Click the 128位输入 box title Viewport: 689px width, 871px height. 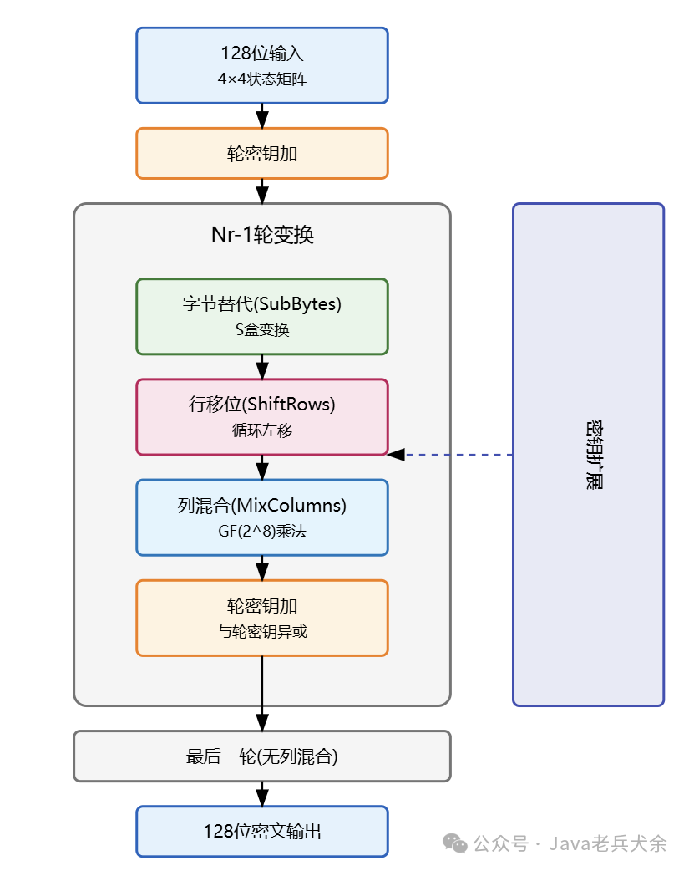coord(261,53)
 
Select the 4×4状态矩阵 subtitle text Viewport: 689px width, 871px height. coord(261,81)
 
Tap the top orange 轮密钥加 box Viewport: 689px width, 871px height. coord(261,154)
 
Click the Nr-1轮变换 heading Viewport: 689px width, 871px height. coord(262,235)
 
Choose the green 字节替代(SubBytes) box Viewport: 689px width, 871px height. coord(261,316)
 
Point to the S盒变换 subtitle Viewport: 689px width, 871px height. coord(262,330)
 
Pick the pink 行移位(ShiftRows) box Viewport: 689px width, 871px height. coord(261,416)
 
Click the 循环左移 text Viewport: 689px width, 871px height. coord(262,430)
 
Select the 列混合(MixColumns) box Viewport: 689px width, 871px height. coord(261,517)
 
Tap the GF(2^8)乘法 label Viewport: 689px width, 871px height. coord(262,531)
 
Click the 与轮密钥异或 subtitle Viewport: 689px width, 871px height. coord(262,632)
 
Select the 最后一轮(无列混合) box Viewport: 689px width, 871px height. coord(261,756)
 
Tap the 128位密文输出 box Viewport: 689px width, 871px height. coord(261,832)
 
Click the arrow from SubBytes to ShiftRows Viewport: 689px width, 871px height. coord(262,367)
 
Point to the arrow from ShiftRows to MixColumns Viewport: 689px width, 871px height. coord(262,467)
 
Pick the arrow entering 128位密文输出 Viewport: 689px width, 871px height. coord(262,794)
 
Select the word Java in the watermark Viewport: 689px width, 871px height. coord(570,843)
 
